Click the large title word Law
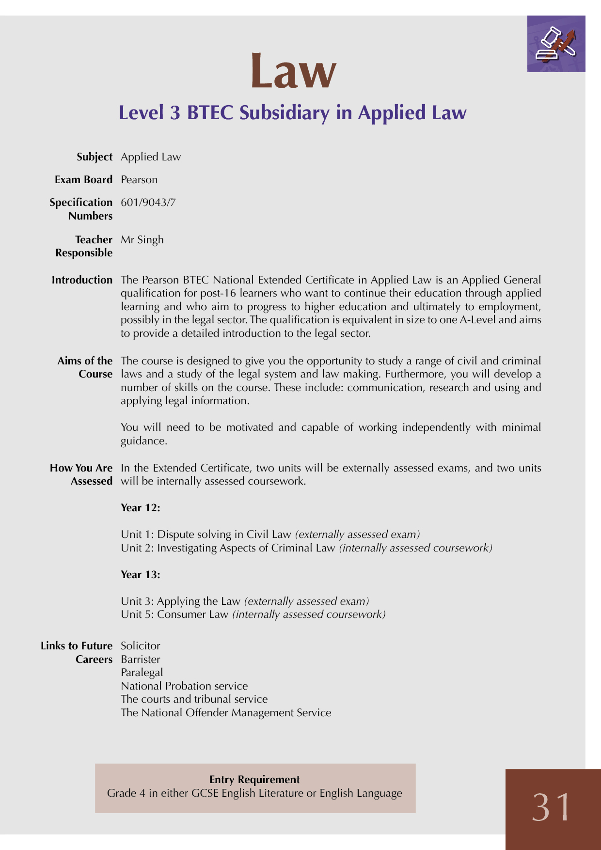(x=293, y=72)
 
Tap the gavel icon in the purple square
(x=555, y=44)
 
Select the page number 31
(x=552, y=807)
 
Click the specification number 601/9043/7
(x=148, y=203)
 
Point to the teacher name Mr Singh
(x=142, y=240)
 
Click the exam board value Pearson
(x=139, y=180)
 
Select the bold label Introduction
(x=82, y=280)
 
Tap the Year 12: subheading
(x=141, y=508)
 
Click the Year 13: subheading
(x=141, y=575)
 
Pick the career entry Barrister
(x=141, y=660)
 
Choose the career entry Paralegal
(x=142, y=673)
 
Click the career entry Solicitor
(x=141, y=646)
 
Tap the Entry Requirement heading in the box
(x=254, y=779)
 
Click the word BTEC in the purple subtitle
(x=210, y=112)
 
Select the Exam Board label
(x=83, y=180)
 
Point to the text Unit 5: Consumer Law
(x=174, y=614)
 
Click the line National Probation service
(x=184, y=686)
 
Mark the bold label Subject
(x=95, y=157)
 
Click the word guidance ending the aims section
(x=143, y=441)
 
